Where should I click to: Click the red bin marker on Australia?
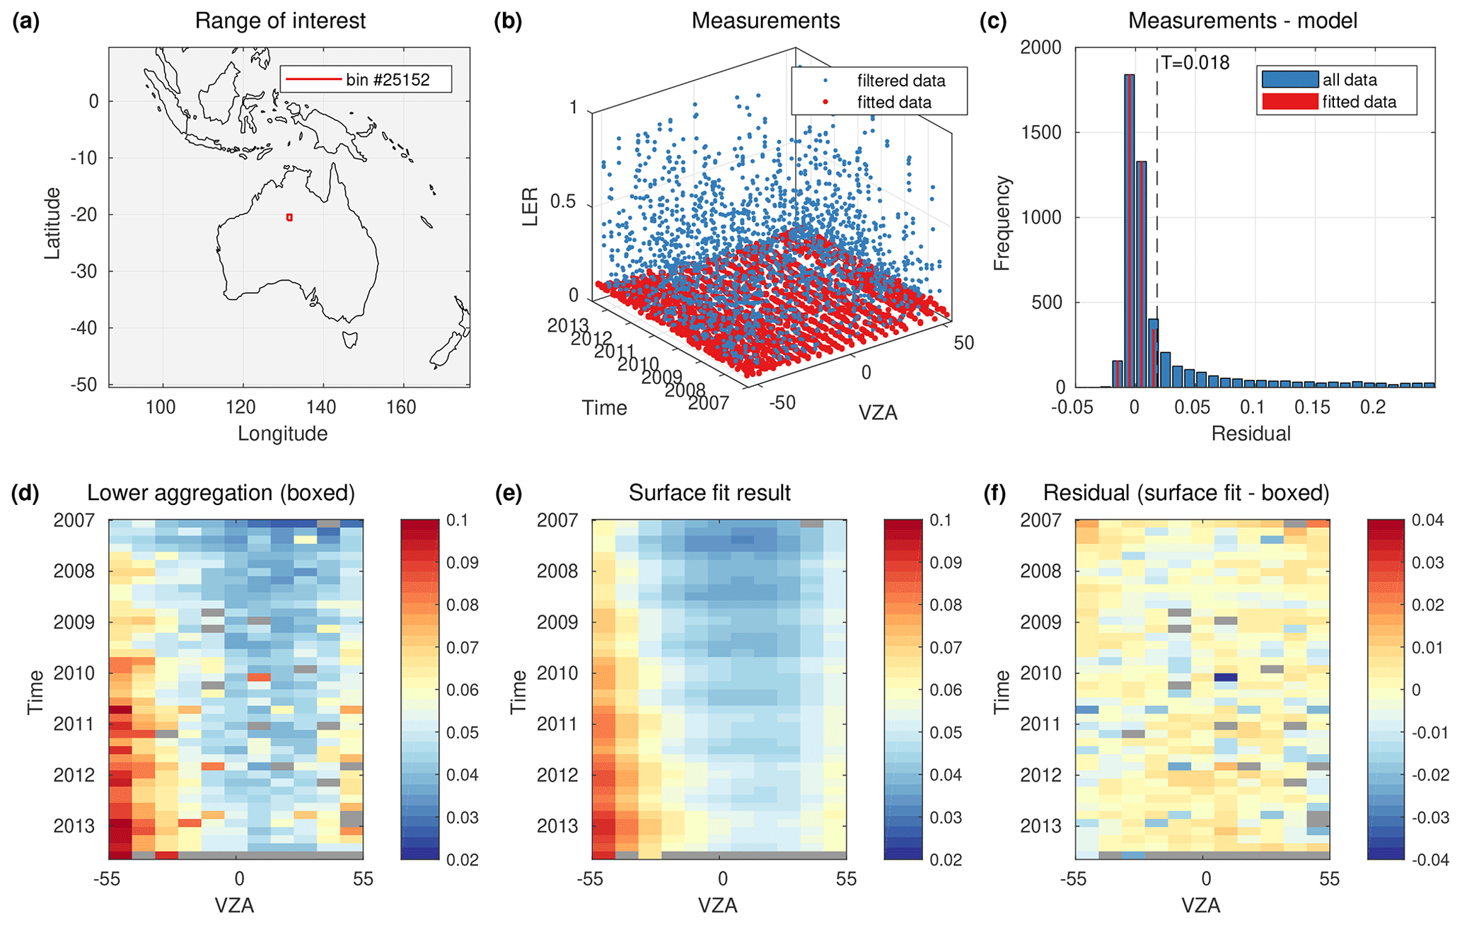pos(289,218)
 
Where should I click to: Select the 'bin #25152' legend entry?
pos(365,79)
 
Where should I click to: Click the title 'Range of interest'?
pos(280,21)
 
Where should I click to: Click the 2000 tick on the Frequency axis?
pos(1041,47)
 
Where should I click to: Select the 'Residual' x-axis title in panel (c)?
pos(1251,434)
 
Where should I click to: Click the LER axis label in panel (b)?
pos(530,206)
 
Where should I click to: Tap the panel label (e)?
pos(509,493)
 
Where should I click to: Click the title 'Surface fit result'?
pos(709,493)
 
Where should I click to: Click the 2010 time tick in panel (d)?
pos(74,673)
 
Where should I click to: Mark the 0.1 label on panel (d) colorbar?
pos(458,520)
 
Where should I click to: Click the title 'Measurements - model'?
pos(1242,21)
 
